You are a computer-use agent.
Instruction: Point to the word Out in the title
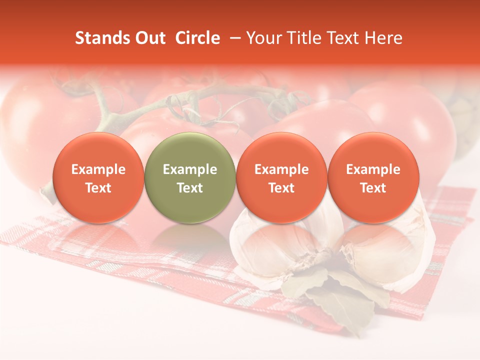click(x=149, y=38)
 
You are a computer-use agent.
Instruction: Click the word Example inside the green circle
click(x=190, y=169)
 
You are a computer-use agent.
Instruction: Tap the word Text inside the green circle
click(x=190, y=188)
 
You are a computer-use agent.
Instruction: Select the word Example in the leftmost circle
click(x=98, y=169)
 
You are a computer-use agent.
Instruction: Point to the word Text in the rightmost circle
click(x=373, y=188)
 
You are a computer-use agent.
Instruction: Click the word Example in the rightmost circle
click(x=373, y=169)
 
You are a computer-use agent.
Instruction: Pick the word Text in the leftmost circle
click(x=98, y=188)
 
